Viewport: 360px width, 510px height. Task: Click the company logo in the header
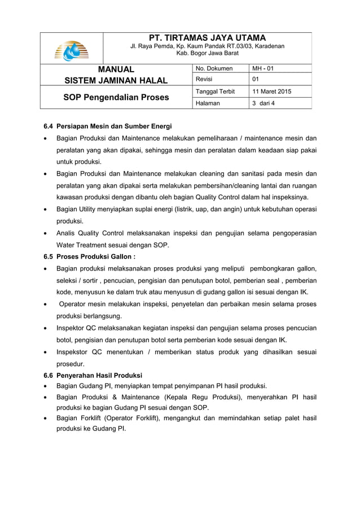pyautogui.click(x=72, y=50)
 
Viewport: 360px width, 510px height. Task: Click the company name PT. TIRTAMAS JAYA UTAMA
pyautogui.click(x=207, y=37)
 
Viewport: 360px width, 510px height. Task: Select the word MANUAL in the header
pyautogui.click(x=116, y=69)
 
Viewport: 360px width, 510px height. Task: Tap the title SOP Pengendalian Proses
pyautogui.click(x=116, y=97)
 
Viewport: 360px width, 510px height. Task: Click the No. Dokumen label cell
pyautogui.click(x=214, y=69)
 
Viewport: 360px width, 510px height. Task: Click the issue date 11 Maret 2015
pyautogui.click(x=271, y=91)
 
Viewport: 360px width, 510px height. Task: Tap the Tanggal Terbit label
pyautogui.click(x=215, y=91)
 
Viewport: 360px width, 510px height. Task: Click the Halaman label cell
pyautogui.click(x=208, y=103)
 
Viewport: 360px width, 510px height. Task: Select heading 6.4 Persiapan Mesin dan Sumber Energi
pyautogui.click(x=108, y=126)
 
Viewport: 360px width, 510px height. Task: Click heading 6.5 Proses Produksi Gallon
pyautogui.click(x=90, y=256)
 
